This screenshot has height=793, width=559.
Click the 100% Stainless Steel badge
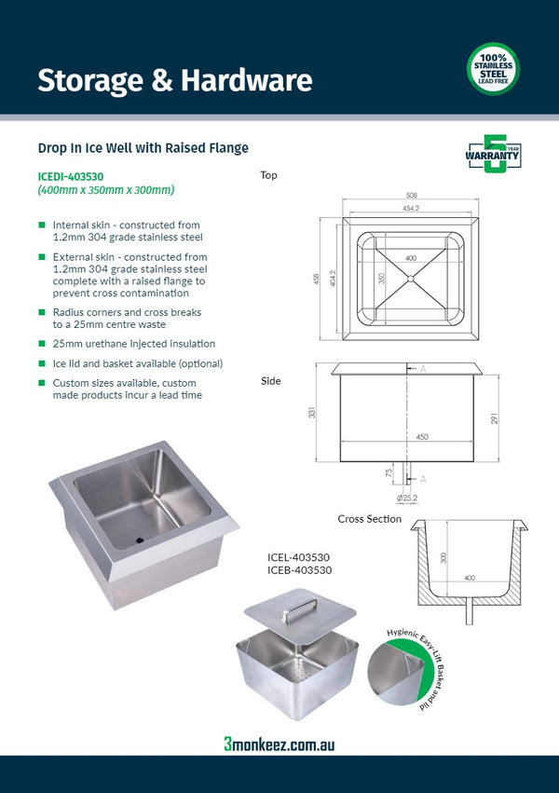[x=493, y=69]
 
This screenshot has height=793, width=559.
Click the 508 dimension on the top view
[x=411, y=196]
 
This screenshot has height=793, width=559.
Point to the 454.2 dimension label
[x=411, y=208]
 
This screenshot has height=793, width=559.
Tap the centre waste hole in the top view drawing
[x=411, y=278]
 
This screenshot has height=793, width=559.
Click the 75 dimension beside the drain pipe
[x=389, y=472]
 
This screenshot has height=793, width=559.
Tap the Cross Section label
[x=370, y=519]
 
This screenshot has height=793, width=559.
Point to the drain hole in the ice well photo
[x=140, y=539]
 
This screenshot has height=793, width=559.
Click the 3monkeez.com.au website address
[x=279, y=744]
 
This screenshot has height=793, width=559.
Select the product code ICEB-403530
[x=299, y=569]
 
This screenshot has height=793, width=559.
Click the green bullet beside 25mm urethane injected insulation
[x=41, y=344]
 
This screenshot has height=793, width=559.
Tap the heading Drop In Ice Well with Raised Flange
[x=143, y=148]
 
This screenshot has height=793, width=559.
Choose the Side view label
[x=270, y=381]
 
